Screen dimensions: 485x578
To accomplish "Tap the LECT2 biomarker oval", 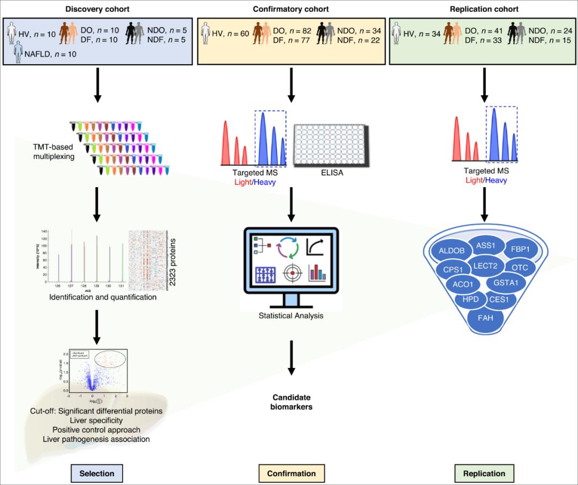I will (486, 265).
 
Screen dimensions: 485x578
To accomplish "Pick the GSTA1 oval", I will (505, 282).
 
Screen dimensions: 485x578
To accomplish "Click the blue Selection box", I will (97, 473).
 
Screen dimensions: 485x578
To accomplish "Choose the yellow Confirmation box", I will (292, 473).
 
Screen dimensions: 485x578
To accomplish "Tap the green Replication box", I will (484, 473).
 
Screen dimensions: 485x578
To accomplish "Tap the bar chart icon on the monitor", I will (317, 272).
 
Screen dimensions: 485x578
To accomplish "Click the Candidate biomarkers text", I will (292, 402).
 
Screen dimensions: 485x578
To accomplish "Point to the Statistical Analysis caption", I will (292, 315).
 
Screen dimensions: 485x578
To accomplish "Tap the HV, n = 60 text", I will (231, 34).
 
